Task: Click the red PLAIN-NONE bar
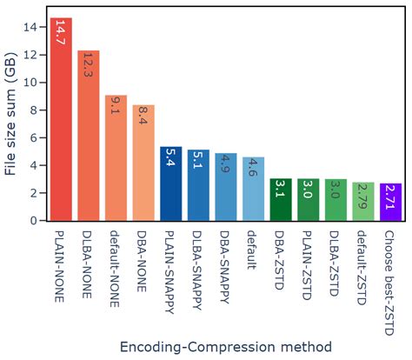coord(61,122)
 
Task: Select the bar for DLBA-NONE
coord(88,139)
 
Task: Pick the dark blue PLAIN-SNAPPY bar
coord(170,184)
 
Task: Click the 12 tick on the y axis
coord(31,54)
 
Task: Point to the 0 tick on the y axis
coord(35,221)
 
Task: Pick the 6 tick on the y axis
coord(35,137)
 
